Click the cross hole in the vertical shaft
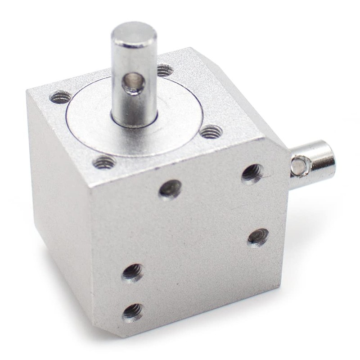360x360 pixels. click(134, 83)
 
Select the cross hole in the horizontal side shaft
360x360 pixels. click(297, 165)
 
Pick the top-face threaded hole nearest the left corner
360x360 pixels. click(60, 96)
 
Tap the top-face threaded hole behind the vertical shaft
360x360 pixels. click(164, 70)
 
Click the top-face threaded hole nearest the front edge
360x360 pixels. click(104, 162)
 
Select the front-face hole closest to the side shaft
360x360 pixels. click(253, 172)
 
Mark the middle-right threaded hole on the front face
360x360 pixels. click(258, 237)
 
